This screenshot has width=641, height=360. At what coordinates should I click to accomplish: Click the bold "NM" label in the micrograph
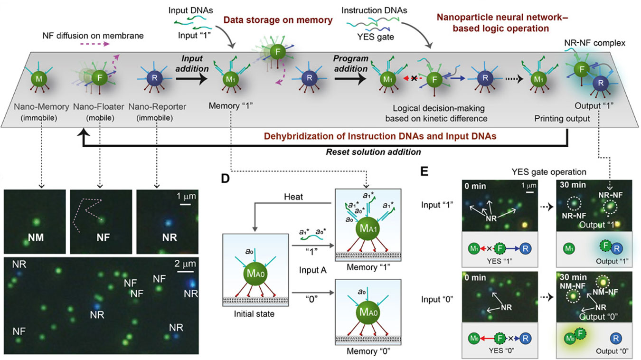point(36,237)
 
